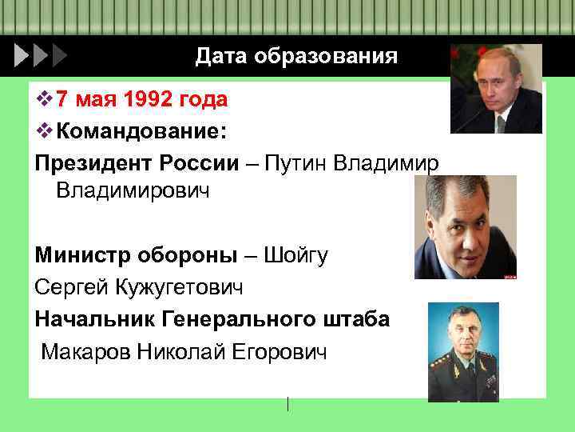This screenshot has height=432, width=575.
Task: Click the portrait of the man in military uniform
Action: tap(463, 352)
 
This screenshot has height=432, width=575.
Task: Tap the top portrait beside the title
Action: tap(496, 89)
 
